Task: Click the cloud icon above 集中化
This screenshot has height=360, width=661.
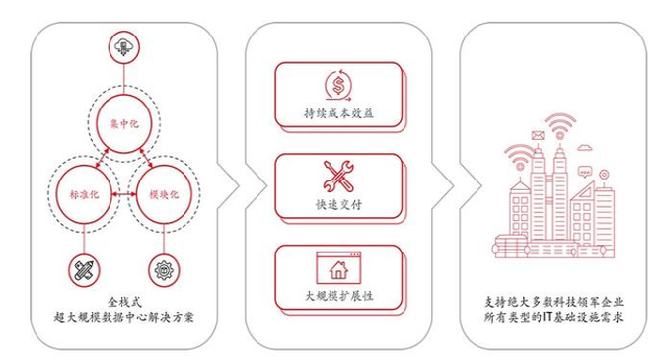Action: click(124, 47)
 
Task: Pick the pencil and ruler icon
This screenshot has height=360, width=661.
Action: click(84, 270)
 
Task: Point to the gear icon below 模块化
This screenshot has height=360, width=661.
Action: click(164, 270)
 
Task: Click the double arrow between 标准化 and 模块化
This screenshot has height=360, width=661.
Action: click(124, 194)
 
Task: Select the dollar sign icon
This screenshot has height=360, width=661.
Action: click(338, 86)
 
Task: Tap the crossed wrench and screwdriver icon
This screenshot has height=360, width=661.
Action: click(338, 177)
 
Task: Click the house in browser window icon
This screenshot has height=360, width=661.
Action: click(339, 268)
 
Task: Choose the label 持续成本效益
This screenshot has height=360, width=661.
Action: click(338, 113)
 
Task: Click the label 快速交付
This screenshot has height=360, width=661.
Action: click(339, 204)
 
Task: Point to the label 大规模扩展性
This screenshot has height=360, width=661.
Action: click(339, 296)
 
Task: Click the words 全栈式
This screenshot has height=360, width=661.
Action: click(124, 302)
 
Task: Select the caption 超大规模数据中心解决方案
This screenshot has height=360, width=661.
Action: click(124, 317)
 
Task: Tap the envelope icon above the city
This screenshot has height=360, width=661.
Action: click(538, 136)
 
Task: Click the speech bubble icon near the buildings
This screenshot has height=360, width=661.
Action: click(585, 172)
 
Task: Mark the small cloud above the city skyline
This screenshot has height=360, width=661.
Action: click(585, 148)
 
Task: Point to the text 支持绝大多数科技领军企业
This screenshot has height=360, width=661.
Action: click(553, 302)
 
